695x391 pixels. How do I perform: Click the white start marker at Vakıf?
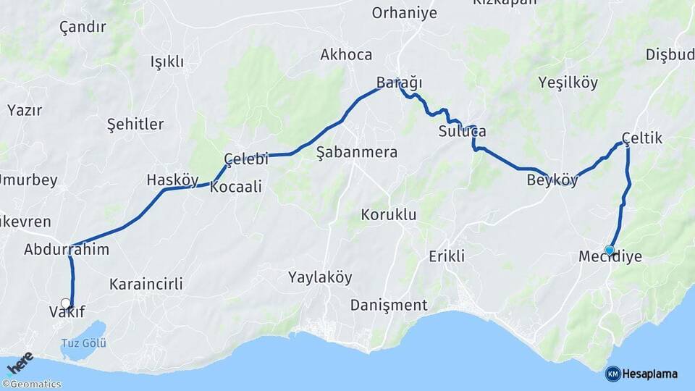[x=66, y=303]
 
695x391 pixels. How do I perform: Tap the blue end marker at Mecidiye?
[x=610, y=251]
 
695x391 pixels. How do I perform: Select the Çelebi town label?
[x=246, y=159]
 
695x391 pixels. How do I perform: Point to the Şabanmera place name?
[x=357, y=152]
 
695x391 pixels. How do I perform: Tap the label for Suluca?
[x=462, y=132]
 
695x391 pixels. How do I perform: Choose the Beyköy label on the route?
[x=552, y=180]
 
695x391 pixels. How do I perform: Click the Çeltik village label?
[x=641, y=138]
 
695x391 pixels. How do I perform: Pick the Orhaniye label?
[x=405, y=13]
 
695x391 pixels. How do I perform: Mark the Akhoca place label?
[x=346, y=55]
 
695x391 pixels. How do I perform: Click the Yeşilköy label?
[x=568, y=83]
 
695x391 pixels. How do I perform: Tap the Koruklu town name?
[x=389, y=214]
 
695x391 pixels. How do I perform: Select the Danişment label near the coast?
[x=389, y=305]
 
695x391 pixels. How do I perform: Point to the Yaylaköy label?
[x=320, y=277]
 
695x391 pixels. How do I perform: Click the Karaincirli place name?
[x=146, y=284]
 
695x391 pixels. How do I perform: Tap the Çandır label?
[x=83, y=28]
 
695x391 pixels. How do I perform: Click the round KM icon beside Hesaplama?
[x=612, y=374]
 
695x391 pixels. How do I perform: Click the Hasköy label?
[x=172, y=180]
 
